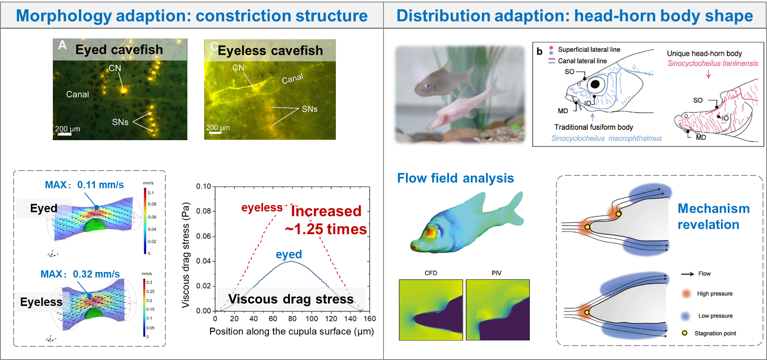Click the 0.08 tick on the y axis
click(203, 211)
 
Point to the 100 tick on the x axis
click(312, 319)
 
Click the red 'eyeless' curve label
click(262, 207)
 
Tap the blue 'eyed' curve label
click(289, 254)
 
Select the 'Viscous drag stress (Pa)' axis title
click(185, 255)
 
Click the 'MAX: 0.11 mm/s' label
click(84, 185)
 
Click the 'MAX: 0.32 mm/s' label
click(80, 274)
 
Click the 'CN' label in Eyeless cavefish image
click(238, 68)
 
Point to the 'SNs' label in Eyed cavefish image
click(120, 122)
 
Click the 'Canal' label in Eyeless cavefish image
click(292, 78)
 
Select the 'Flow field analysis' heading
click(455, 178)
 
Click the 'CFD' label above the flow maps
click(431, 273)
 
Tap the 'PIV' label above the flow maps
click(496, 273)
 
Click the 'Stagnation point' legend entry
click(715, 333)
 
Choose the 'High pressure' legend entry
click(715, 294)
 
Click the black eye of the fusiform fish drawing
click(595, 84)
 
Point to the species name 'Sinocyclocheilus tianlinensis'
click(713, 63)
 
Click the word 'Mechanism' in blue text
click(713, 209)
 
